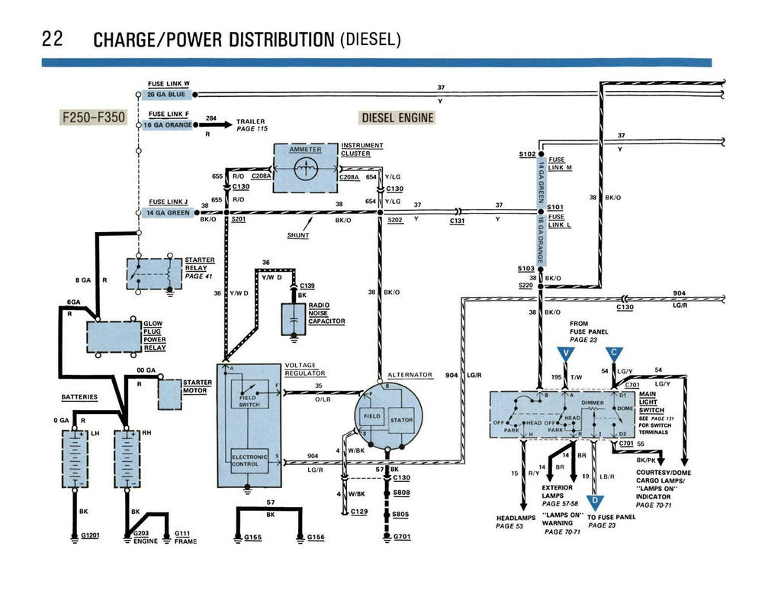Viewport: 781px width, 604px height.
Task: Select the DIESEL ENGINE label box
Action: click(397, 118)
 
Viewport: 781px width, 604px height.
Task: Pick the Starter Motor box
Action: click(169, 393)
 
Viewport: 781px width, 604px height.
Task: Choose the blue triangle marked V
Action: click(565, 354)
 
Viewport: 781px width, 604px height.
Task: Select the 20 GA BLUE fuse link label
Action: click(166, 95)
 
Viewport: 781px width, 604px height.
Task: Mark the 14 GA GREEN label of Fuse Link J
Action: click(166, 213)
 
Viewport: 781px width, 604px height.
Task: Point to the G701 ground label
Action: click(402, 537)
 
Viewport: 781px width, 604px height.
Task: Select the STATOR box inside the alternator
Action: click(401, 420)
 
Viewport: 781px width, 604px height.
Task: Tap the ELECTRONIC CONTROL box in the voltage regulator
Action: click(249, 460)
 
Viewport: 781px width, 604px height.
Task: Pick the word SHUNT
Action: click(298, 236)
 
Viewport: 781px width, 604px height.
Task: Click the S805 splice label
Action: click(401, 515)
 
